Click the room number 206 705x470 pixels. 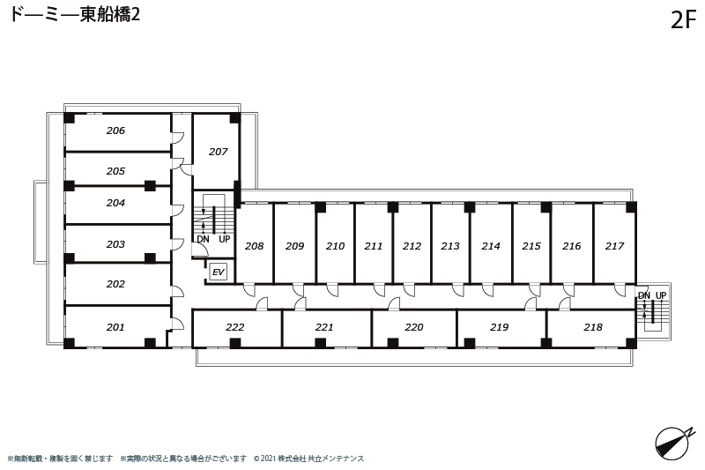(x=115, y=131)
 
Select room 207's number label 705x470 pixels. (x=218, y=152)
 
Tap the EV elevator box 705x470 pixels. (x=218, y=272)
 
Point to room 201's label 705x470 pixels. (x=115, y=327)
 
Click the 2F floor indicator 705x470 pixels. (x=684, y=19)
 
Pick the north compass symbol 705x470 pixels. (x=672, y=444)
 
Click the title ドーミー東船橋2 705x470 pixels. (x=75, y=14)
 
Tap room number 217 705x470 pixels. (x=614, y=246)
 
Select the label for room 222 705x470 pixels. (x=235, y=327)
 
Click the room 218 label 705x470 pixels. (x=593, y=327)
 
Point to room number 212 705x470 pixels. (x=412, y=246)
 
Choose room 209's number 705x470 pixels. (x=295, y=246)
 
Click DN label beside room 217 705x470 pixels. (x=644, y=295)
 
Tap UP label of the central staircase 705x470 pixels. (x=225, y=239)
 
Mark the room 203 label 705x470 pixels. (x=115, y=244)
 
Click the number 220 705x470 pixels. (x=414, y=327)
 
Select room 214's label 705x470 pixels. (x=491, y=246)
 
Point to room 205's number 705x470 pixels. (x=115, y=171)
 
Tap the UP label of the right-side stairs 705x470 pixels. (x=661, y=295)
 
